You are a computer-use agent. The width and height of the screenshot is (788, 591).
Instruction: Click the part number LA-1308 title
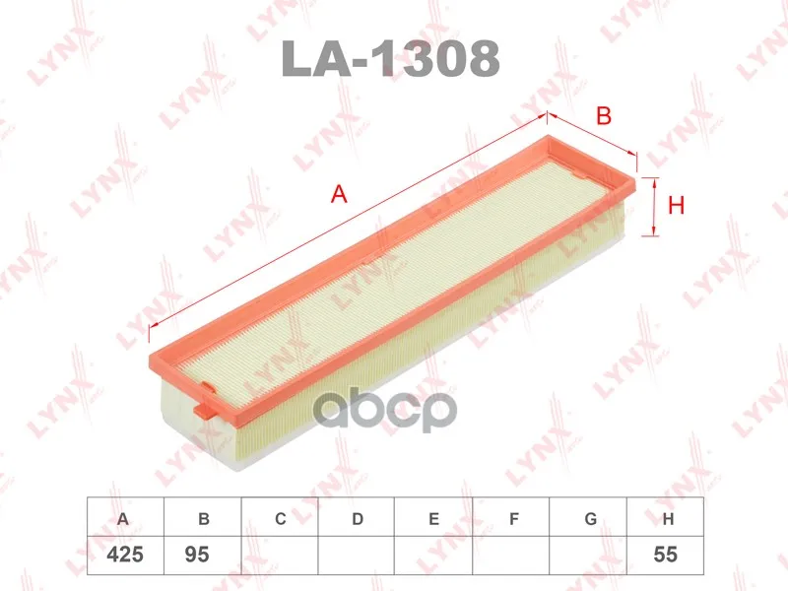391,59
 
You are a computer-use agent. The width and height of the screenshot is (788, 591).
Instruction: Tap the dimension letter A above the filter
339,195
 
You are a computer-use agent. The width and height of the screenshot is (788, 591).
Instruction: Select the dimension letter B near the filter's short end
604,116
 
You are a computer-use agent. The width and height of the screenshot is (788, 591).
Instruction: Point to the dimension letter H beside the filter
676,206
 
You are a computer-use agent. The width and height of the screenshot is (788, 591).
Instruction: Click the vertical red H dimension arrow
651,207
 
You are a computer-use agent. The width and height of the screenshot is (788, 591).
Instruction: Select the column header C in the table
280,518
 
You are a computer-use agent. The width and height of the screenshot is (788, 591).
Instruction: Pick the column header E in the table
434,518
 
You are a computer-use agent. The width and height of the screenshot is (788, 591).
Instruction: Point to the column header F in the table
511,518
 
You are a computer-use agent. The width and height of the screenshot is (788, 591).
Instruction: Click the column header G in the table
588,518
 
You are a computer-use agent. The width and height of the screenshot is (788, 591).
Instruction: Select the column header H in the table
667,518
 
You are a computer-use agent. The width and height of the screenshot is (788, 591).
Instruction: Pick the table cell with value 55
666,555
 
